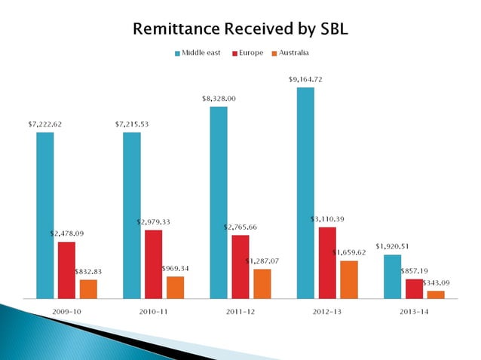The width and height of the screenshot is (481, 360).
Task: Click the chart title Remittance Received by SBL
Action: click(240, 29)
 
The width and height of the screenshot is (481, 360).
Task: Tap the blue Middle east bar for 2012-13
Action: click(305, 192)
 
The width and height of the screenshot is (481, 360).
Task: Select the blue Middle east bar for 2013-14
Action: click(392, 276)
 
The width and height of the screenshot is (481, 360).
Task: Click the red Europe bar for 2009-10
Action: click(66, 270)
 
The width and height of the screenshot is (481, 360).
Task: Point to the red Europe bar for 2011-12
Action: click(240, 266)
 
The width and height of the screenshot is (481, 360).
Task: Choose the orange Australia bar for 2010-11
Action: click(175, 287)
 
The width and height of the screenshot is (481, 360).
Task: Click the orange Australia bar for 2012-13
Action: click(349, 279)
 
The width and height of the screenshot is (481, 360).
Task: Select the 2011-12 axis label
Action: click(240, 311)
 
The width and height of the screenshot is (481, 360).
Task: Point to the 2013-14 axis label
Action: click(414, 311)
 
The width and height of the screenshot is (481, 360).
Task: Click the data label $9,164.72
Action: click(306, 79)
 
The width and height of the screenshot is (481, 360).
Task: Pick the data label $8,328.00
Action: click(219, 98)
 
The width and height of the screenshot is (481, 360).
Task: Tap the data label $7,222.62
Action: click(45, 124)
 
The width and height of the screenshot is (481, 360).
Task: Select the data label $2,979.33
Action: click(154, 221)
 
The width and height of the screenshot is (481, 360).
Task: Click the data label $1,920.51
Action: click(391, 246)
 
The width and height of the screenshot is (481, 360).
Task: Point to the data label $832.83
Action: click(89, 271)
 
